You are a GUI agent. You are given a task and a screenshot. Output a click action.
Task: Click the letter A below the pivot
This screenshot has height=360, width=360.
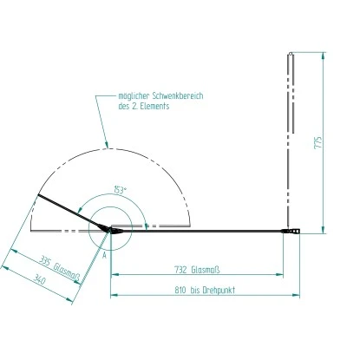coord(103,257)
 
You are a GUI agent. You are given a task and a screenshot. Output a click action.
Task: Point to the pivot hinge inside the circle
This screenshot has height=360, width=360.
coord(110,230)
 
